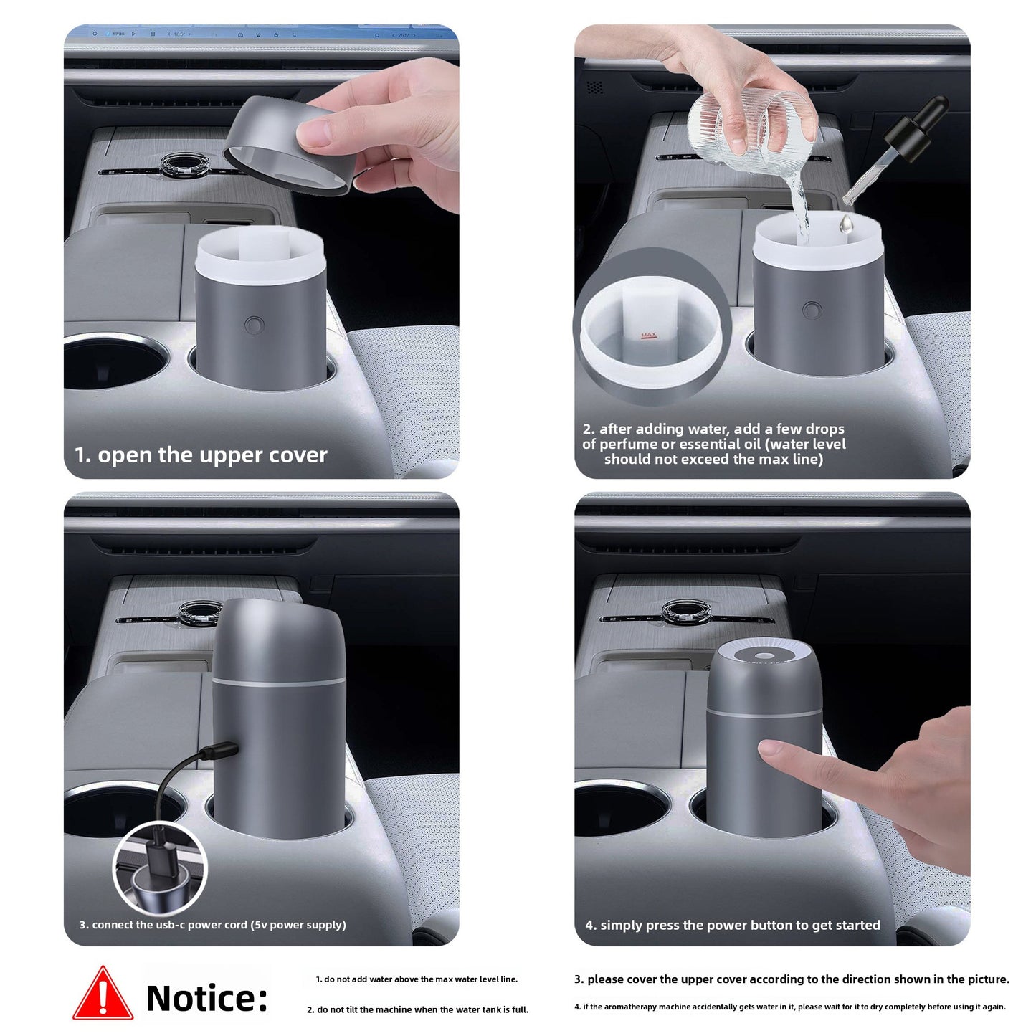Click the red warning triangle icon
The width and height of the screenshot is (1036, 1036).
point(103,995)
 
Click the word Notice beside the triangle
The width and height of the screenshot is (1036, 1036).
point(206,998)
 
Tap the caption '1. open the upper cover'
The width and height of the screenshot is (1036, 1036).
point(201,455)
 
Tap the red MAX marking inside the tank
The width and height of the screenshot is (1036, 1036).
point(648,336)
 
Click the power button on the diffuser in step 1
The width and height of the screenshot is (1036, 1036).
point(254,325)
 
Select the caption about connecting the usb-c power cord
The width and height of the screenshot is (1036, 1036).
point(213,925)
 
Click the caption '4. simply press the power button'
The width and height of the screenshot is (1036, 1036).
point(733,925)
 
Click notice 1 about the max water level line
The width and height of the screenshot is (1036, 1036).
point(417,979)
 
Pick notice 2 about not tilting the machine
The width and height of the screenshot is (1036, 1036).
point(418,1009)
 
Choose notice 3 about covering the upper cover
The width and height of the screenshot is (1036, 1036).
point(792,979)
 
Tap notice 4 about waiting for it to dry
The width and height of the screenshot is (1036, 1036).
point(789,1007)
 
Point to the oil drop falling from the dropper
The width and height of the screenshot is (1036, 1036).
point(846,224)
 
